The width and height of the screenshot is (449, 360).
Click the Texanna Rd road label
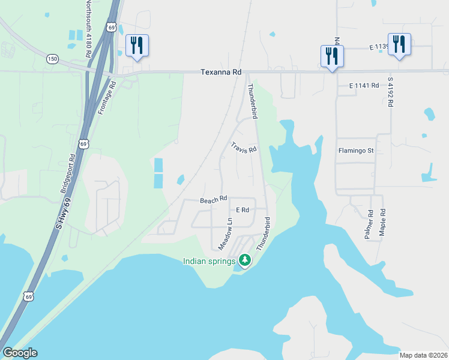[x=221, y=72]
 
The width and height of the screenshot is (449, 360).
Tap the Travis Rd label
[x=244, y=147]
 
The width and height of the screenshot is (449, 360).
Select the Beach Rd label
[x=213, y=199]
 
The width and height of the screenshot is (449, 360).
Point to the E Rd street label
[x=243, y=210]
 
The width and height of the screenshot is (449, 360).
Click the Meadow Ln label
[x=225, y=235]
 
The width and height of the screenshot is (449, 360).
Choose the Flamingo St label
[x=356, y=151]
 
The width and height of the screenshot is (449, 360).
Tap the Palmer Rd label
[x=369, y=224]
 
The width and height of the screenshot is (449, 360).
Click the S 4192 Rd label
[x=390, y=91]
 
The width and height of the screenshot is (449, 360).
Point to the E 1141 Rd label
[x=364, y=86]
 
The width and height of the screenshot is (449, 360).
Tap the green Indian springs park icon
[x=244, y=260]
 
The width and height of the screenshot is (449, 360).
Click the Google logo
[x=20, y=353]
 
